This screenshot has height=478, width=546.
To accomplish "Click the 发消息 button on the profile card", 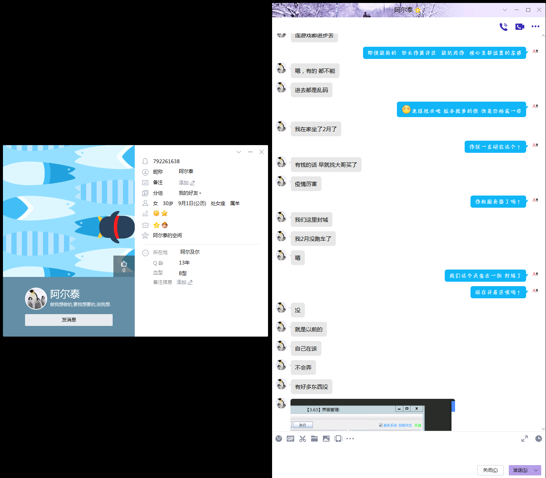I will (69, 320).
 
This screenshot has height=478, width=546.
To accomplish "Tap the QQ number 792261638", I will (166, 161).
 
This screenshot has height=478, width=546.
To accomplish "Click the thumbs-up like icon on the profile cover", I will (124, 264).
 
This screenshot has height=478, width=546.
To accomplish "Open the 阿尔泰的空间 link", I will (168, 235).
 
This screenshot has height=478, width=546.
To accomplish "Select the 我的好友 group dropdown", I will (190, 193).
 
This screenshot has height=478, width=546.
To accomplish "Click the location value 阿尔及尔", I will (190, 252).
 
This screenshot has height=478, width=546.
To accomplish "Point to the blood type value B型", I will (183, 273).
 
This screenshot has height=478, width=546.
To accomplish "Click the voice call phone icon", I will (503, 27).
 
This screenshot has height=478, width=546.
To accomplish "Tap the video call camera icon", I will (519, 27).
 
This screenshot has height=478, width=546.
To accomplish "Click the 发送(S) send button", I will (520, 470).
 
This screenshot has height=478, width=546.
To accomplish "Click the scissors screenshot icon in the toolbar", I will (303, 439).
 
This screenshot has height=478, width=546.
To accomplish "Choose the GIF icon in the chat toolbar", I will (290, 439).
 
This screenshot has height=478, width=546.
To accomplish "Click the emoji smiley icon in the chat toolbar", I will (279, 439).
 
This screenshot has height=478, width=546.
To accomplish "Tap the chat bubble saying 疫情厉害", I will (306, 184).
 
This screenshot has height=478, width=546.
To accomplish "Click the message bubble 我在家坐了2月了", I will (316, 129).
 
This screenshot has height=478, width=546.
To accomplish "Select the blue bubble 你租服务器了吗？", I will (498, 202).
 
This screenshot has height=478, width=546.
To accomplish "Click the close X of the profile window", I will (261, 152).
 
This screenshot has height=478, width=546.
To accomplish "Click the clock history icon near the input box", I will (538, 439).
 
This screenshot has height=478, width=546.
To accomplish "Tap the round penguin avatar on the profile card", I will (36, 299).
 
